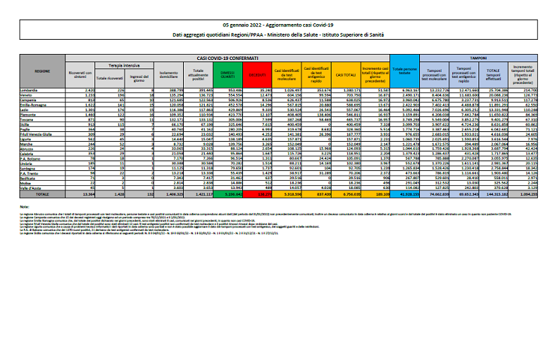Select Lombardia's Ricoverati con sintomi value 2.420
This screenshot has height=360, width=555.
click(x=85, y=88)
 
